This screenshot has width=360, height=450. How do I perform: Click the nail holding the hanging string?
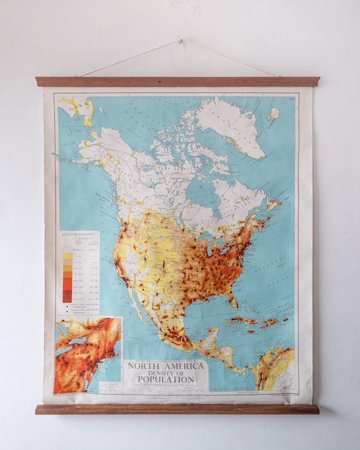(x=180, y=41)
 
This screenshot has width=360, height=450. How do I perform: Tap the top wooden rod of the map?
(x=177, y=81)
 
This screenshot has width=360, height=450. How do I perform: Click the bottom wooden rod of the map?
(x=177, y=409)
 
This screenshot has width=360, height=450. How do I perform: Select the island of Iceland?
(x=273, y=114)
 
